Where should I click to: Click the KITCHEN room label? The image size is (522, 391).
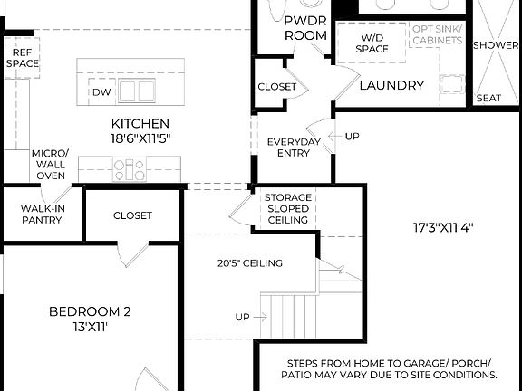[140, 124]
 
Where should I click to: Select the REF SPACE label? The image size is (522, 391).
[22, 58]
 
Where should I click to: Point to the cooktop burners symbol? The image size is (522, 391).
[129, 167]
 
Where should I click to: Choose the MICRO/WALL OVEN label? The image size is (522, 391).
[50, 164]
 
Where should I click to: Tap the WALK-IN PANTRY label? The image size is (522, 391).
[42, 214]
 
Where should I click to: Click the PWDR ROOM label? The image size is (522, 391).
[305, 27]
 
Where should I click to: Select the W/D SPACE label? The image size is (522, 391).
[372, 43]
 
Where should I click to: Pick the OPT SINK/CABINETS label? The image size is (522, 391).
[437, 34]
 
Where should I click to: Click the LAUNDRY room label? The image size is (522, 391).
[391, 85]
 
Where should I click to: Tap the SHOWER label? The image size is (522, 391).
[496, 45]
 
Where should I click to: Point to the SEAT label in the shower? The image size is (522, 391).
[488, 98]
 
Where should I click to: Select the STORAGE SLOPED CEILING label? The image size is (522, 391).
[288, 208]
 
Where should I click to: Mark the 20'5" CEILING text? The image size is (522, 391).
[249, 263]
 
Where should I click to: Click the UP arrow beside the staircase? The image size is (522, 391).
[251, 318]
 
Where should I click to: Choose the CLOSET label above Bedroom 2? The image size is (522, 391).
[132, 215]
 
